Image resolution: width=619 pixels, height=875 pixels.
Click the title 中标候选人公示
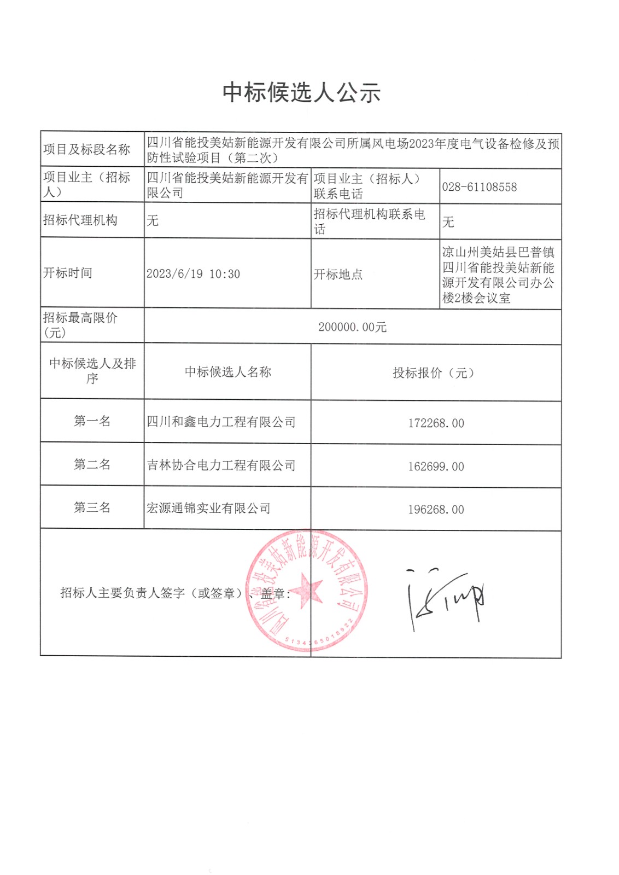(301, 92)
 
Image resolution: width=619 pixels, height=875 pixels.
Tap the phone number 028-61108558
(479, 187)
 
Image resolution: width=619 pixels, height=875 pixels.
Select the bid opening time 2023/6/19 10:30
(193, 274)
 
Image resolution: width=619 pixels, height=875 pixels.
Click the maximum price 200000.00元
(352, 327)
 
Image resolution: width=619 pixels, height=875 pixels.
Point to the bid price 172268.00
(436, 423)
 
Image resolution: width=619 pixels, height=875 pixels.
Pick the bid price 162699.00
(436, 466)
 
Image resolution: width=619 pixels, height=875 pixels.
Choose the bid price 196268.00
(436, 510)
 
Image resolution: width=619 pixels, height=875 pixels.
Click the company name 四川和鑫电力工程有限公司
(221, 422)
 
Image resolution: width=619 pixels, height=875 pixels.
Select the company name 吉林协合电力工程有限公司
(221, 465)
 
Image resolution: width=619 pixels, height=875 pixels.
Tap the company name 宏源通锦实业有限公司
(208, 509)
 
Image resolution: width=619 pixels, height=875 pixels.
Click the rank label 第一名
(92, 421)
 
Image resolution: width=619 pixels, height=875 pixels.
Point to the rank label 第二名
(92, 464)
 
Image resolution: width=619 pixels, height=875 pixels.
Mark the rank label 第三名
(92, 507)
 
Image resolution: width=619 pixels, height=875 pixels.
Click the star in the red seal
(306, 591)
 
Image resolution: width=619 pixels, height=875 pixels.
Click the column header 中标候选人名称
(227, 372)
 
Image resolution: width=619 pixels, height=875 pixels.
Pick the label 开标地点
(338, 275)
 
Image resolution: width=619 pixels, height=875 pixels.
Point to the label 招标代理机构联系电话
(369, 221)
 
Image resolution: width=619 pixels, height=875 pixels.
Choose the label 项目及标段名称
(86, 149)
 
